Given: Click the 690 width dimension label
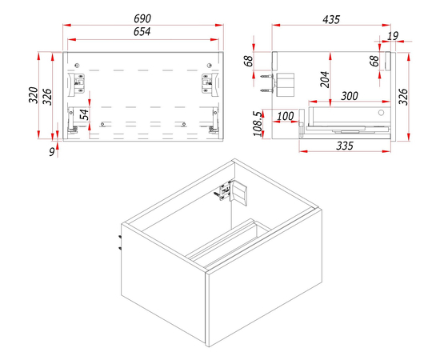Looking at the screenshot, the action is pos(142,18).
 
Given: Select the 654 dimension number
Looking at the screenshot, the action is pos(142,32).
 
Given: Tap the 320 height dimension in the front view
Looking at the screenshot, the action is pos(34,95).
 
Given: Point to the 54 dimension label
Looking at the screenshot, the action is pos(84,114).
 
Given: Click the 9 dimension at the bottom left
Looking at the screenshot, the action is pos(52,152).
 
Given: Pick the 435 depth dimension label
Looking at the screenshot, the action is pos(331,20).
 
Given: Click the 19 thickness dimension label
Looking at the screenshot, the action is pos(393,36).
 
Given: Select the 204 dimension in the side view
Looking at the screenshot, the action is pos(325,79).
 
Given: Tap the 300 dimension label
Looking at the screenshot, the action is pos(350,96).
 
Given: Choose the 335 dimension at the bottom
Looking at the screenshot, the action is pos(345,146).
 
